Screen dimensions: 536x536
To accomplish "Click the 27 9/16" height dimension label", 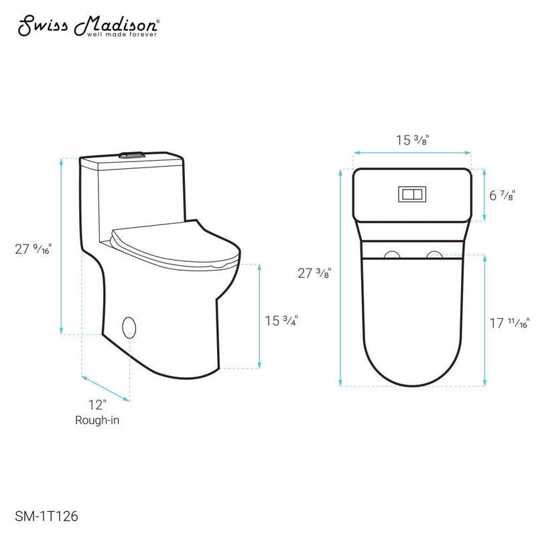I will (x=33, y=249).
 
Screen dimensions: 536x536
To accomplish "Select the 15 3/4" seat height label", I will (x=281, y=320).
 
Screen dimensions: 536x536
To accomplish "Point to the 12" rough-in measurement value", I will (x=97, y=405).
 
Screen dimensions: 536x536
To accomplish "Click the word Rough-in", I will (x=97, y=420).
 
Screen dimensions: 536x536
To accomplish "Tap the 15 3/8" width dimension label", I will (x=412, y=140).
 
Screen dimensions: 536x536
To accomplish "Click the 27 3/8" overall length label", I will (x=314, y=273).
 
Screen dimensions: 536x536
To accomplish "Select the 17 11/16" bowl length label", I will (x=509, y=323).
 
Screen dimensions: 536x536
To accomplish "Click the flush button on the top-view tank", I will (x=411, y=194).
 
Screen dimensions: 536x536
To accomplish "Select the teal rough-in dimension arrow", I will (x=106, y=387).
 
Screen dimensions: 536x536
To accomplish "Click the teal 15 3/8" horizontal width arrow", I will (x=412, y=153).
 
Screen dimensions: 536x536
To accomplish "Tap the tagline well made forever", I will (x=115, y=33).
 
